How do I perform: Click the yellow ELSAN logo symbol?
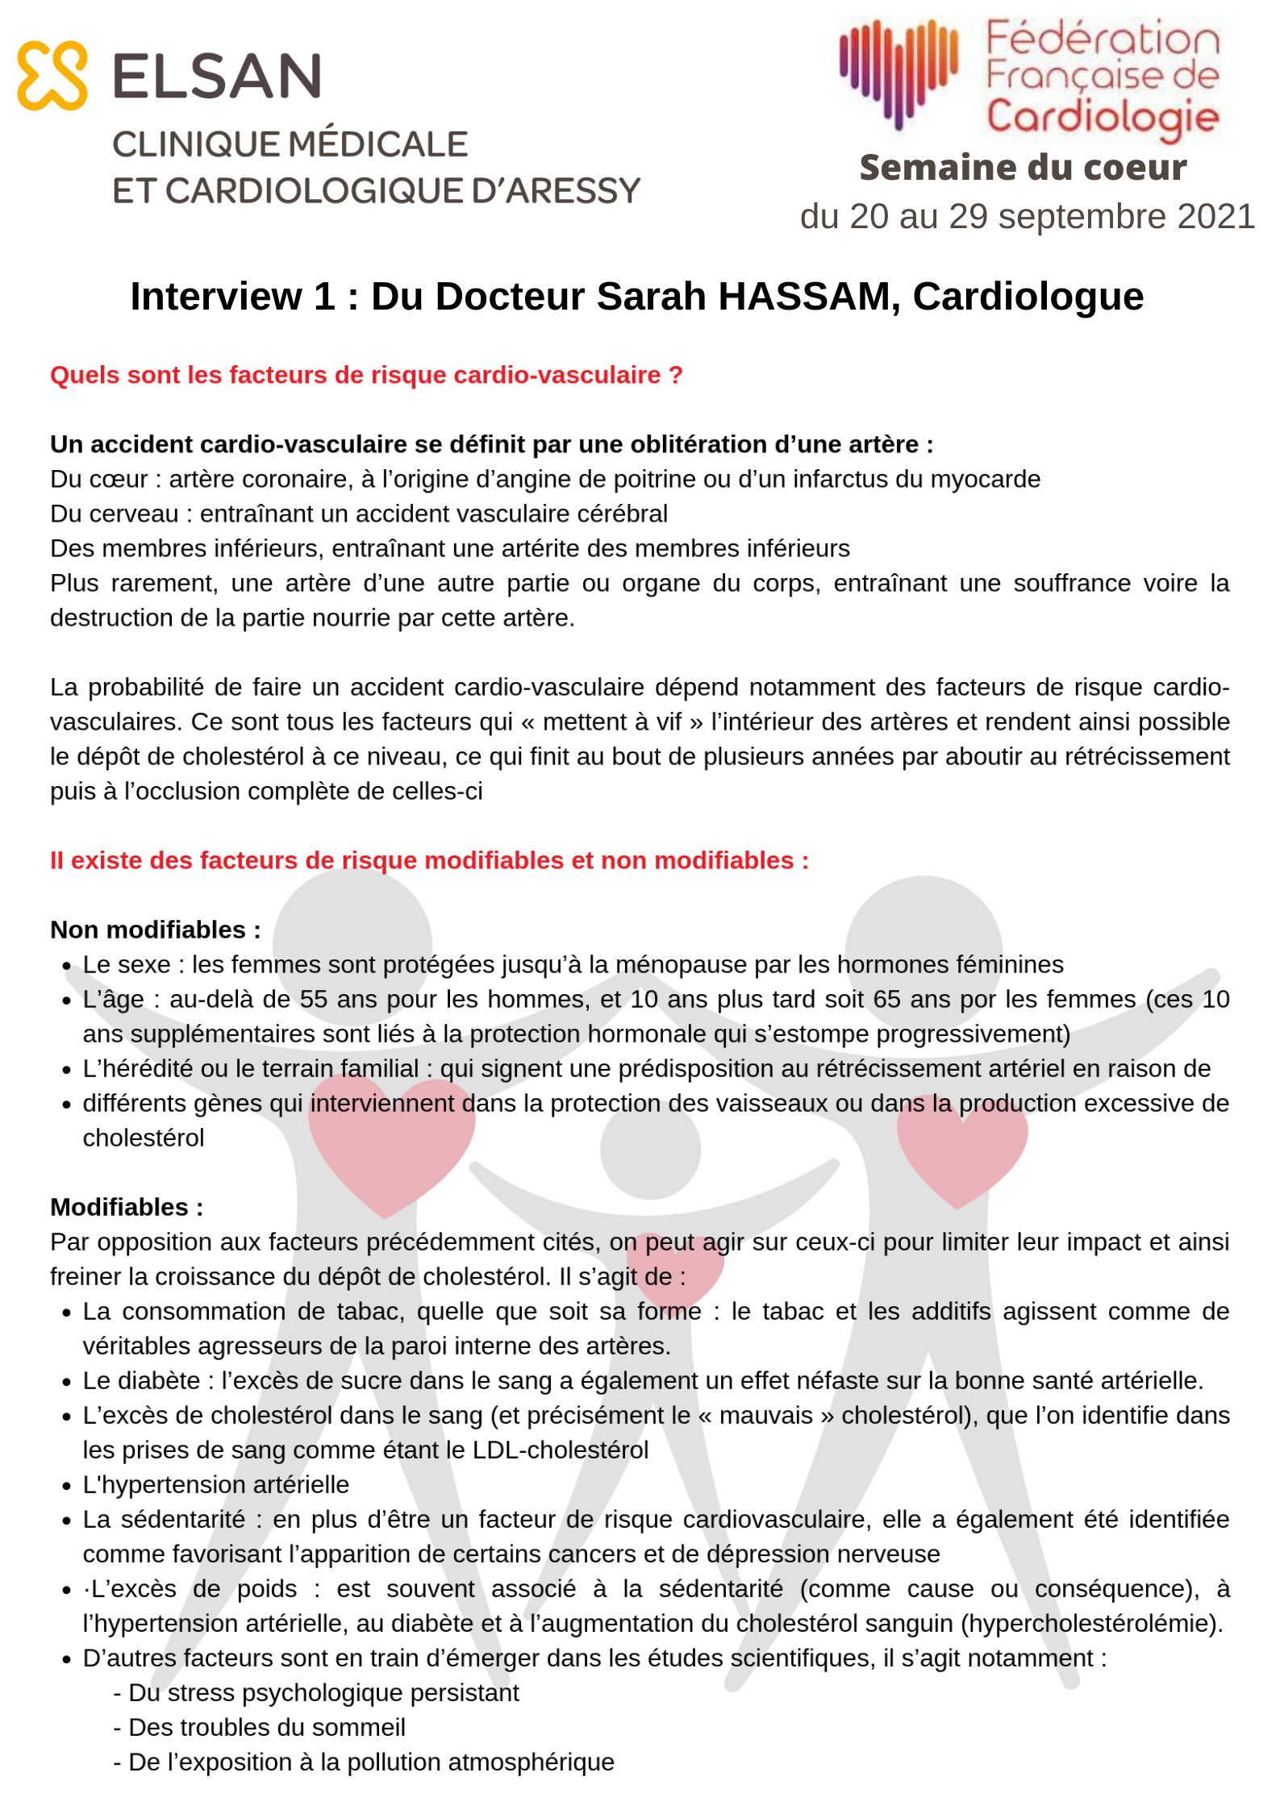point(52,75)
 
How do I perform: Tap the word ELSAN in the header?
point(217,77)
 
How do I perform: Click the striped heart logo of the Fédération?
point(898,73)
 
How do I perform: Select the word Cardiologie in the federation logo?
point(1103,118)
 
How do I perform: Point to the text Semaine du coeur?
point(1023,168)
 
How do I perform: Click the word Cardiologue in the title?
point(1028,297)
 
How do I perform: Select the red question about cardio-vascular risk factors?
point(366,375)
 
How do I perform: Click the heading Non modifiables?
point(155,930)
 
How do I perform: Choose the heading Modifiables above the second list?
point(127,1207)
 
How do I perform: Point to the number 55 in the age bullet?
point(314,999)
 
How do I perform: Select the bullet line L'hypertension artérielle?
point(216,1484)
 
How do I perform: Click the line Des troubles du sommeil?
point(266,1727)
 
